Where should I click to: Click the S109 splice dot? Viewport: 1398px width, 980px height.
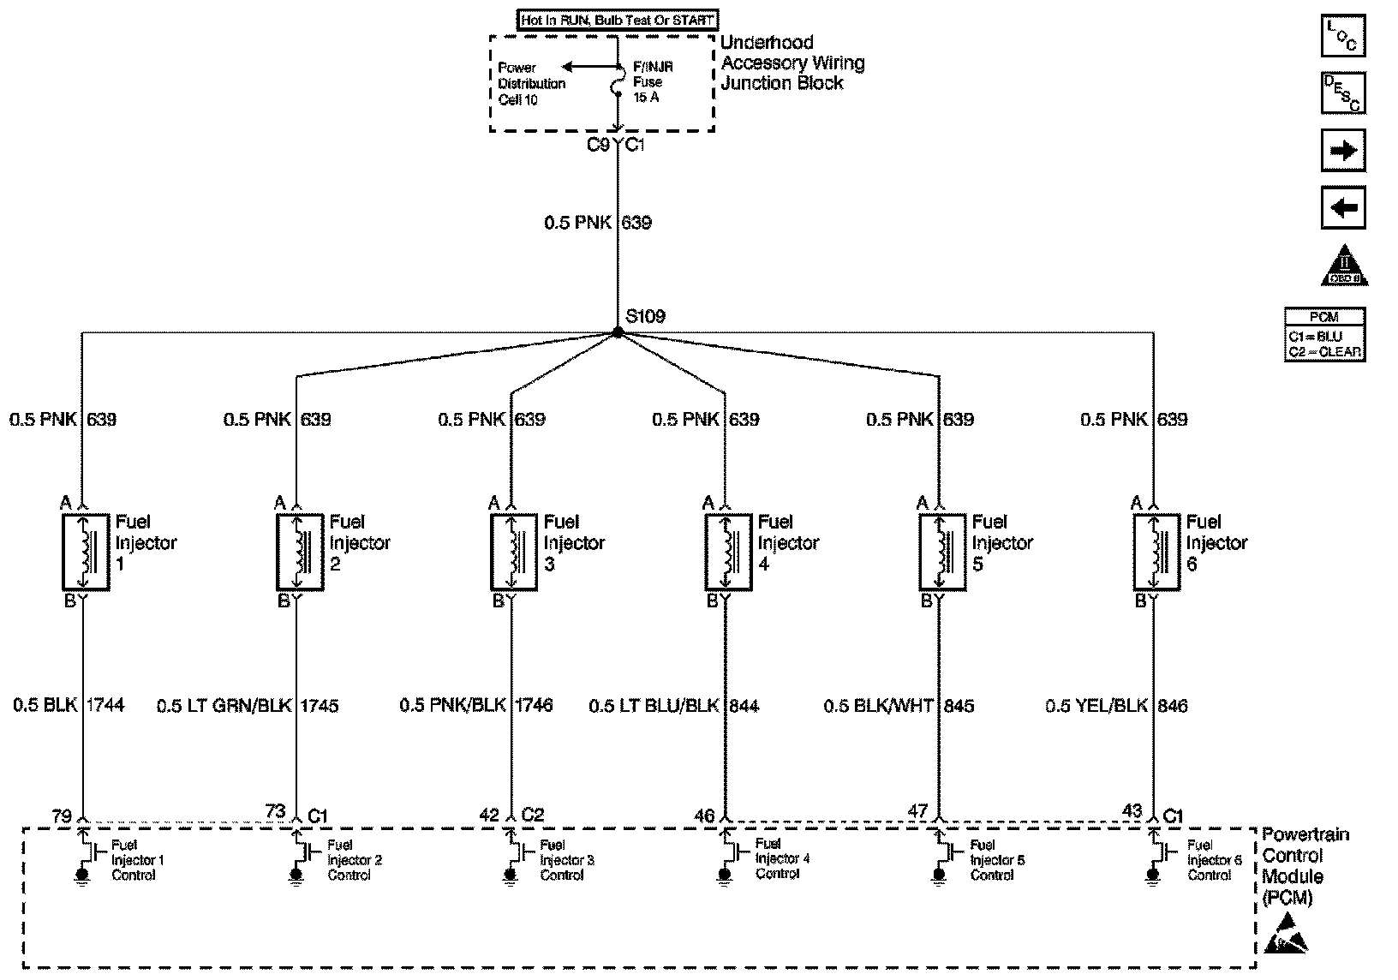(x=617, y=332)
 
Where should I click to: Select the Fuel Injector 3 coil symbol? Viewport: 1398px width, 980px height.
(x=513, y=552)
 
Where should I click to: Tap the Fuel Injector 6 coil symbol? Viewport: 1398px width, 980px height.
(x=1156, y=552)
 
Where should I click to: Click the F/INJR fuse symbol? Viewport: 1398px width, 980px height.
(x=618, y=87)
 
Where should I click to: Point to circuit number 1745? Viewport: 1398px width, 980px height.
(x=320, y=706)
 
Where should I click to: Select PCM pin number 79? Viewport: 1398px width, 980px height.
(x=62, y=816)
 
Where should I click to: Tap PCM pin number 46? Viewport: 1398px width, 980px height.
(x=704, y=816)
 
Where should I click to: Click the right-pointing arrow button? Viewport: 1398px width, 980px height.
(x=1342, y=151)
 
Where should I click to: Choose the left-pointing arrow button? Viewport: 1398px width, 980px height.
(x=1342, y=208)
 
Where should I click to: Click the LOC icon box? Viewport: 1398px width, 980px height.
(x=1342, y=37)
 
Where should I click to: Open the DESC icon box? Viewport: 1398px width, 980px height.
(x=1342, y=93)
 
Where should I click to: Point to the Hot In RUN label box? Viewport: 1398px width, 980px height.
(x=617, y=20)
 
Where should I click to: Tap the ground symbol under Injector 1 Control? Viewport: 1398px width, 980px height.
(x=82, y=875)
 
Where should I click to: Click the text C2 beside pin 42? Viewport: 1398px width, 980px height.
(x=532, y=815)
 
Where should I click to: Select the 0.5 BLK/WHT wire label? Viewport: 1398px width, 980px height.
(x=878, y=706)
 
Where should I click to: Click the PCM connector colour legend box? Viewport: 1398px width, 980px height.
(x=1324, y=335)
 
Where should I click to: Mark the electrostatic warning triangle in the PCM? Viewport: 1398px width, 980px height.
(x=1287, y=936)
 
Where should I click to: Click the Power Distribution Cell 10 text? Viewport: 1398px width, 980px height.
(x=531, y=84)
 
